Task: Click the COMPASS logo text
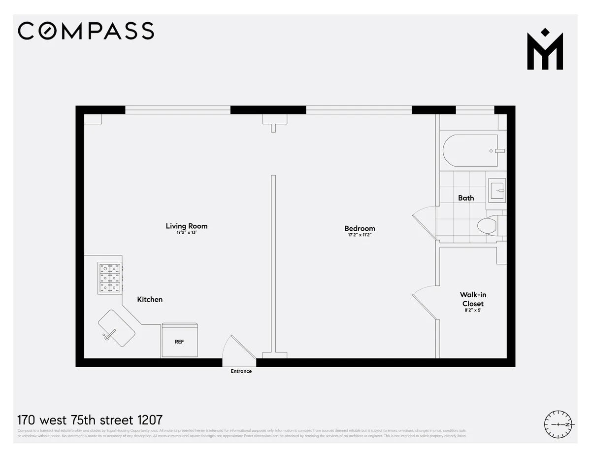(x=86, y=31)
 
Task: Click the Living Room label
(x=186, y=226)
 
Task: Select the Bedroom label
(x=360, y=228)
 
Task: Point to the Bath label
(x=466, y=198)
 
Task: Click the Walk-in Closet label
(x=473, y=299)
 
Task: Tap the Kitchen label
(x=150, y=299)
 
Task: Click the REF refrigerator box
(x=180, y=341)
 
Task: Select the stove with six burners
(x=111, y=279)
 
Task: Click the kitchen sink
(x=117, y=328)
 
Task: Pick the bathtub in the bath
(x=470, y=151)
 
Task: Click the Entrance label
(x=241, y=371)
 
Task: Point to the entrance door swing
(x=237, y=348)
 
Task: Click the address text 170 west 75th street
(x=90, y=420)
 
